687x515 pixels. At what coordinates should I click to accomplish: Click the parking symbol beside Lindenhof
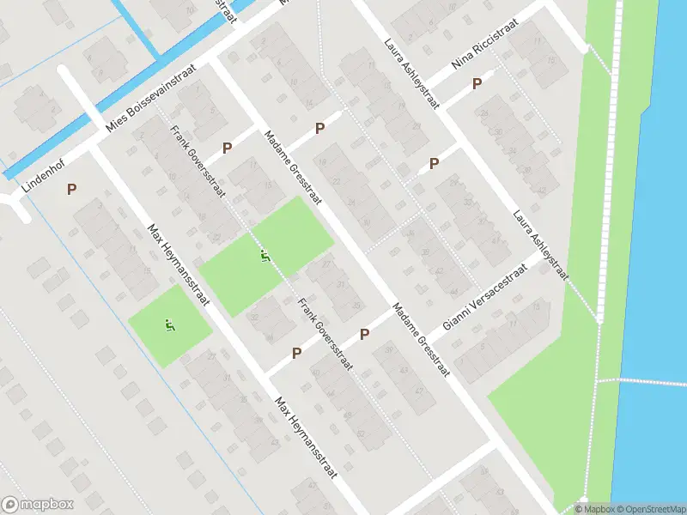coord(71,189)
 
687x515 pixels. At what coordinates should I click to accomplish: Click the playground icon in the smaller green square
coord(169,325)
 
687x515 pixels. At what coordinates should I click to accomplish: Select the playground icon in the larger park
coord(264,256)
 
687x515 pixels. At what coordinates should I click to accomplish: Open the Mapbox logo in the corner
coord(38,505)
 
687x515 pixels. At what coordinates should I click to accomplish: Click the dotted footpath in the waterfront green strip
coord(611,215)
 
